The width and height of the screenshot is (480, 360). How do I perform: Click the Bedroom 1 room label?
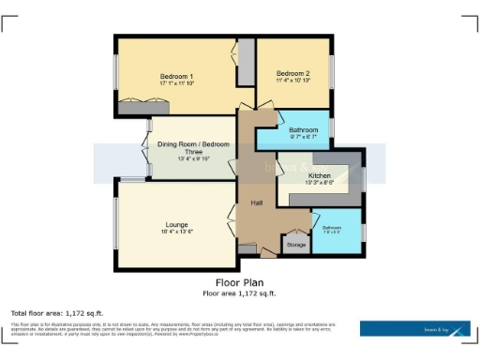(176, 76)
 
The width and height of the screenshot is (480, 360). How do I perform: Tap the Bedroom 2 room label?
(292, 73)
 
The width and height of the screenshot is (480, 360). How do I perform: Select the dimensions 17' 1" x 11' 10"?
(176, 83)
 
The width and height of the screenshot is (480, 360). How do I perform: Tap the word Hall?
(256, 202)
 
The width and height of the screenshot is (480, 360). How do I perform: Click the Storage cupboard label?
(296, 245)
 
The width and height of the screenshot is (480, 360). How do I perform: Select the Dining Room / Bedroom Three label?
(191, 147)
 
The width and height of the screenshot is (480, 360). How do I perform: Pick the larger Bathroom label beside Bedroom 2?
(303, 130)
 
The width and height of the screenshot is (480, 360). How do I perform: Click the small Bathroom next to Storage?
(333, 228)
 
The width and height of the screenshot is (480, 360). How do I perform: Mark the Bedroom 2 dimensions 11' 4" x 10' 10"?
(292, 81)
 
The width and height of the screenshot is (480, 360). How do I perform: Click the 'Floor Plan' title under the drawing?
(240, 280)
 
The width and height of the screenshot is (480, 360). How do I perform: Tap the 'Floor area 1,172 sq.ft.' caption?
(240, 292)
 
